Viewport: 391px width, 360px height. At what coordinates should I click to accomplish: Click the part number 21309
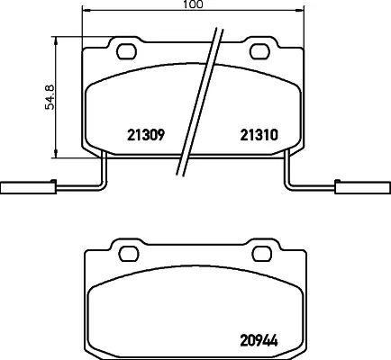[x=146, y=135]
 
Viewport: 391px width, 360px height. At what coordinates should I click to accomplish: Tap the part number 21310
[x=259, y=135]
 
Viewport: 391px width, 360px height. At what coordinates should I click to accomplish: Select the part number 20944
[x=259, y=340]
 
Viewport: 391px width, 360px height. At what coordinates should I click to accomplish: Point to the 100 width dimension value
[x=193, y=4]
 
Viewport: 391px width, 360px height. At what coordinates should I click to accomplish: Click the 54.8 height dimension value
[x=50, y=97]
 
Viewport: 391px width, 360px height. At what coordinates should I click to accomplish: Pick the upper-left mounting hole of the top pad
[x=127, y=51]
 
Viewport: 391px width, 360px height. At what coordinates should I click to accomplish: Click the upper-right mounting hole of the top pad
[x=260, y=51]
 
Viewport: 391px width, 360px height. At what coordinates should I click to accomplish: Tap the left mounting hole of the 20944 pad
[x=129, y=254]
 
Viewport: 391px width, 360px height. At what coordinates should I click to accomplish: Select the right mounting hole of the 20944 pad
[x=262, y=254]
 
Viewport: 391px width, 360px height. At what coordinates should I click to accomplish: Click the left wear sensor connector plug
[x=28, y=188]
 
